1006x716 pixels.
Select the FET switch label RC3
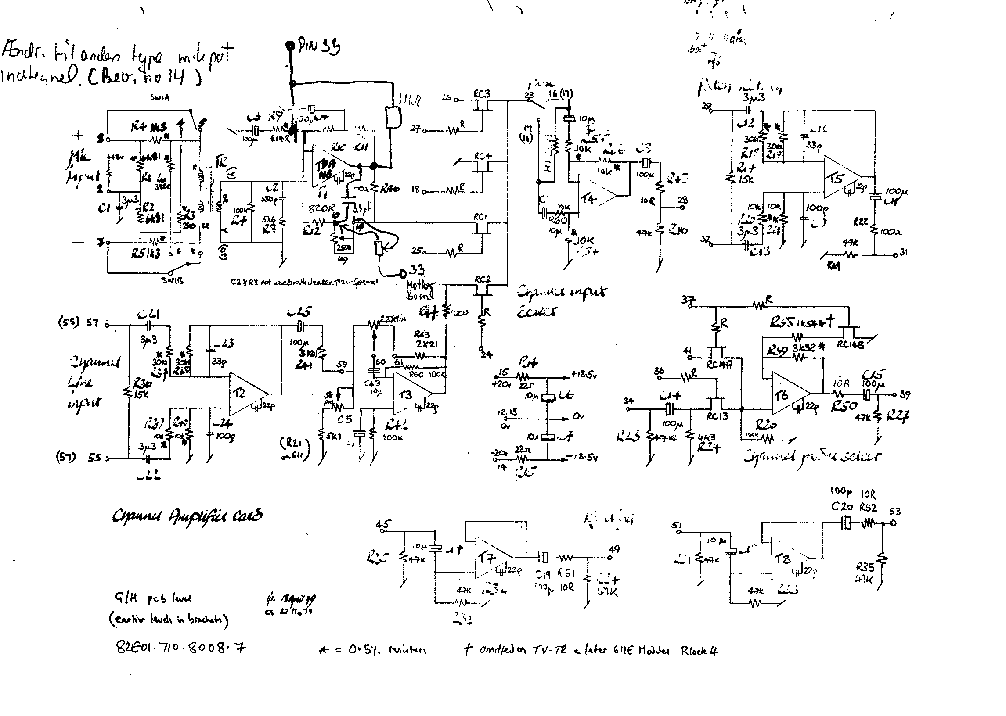482,94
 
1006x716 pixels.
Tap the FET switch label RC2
482,279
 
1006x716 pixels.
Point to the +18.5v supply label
584,375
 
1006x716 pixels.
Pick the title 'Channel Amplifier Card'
187,516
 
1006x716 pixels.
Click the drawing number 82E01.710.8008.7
181,648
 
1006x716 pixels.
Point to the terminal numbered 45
382,524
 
